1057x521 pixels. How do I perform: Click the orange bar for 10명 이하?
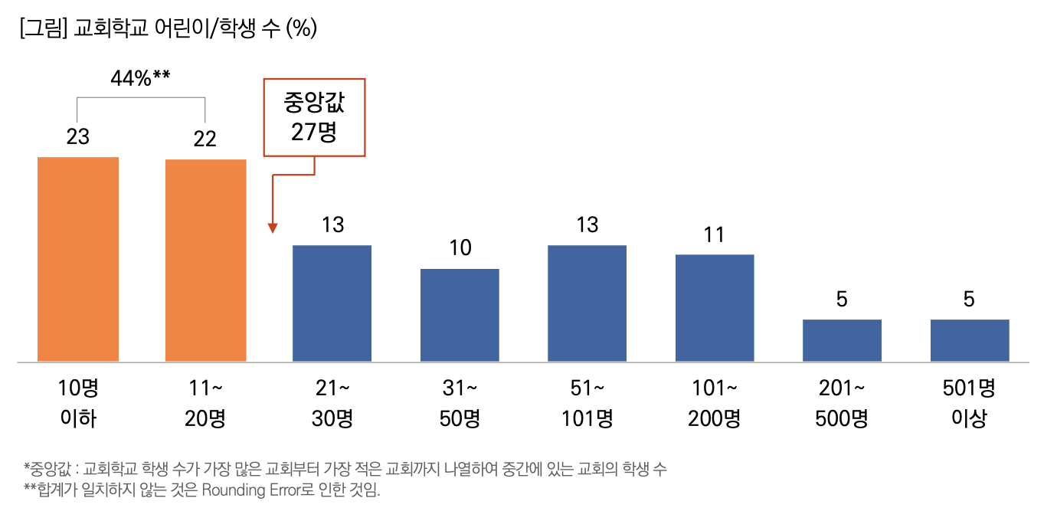78,259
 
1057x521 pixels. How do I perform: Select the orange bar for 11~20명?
205,260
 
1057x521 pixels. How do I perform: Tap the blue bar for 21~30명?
332,303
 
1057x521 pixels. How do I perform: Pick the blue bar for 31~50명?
460,315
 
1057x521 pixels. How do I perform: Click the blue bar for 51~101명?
587,303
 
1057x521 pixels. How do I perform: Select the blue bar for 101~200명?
715,308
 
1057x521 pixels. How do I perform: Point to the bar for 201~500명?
842,340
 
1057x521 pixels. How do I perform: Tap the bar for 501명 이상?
970,340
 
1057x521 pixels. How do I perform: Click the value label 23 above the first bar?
78,137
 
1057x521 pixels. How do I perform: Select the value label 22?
205,139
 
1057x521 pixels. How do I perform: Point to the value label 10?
460,247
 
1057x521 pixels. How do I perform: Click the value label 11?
715,234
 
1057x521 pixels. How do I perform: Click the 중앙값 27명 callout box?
314,117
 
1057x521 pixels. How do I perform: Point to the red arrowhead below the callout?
273,228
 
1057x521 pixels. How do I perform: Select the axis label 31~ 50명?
460,404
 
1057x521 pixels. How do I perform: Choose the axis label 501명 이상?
969,404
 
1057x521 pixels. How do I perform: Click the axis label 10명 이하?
78,404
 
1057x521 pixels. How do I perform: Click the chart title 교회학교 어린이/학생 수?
169,28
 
